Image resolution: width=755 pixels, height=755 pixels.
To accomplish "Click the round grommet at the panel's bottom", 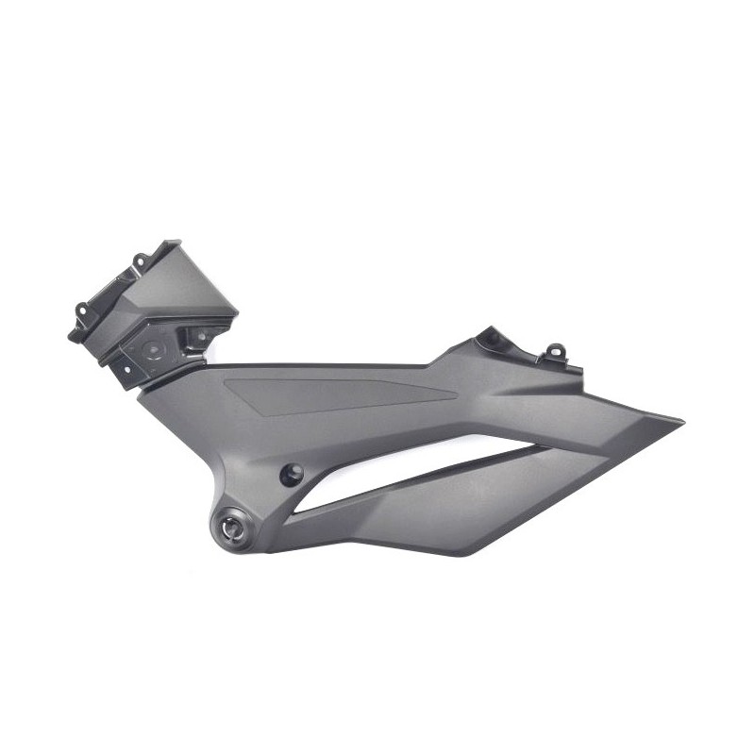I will [234, 530].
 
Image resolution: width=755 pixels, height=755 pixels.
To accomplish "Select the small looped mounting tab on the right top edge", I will [556, 352].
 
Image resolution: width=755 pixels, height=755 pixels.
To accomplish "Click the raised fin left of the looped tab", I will [491, 337].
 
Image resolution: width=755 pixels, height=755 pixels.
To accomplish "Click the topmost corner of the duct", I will [176, 242].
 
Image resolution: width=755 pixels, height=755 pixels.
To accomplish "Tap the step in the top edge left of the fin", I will [432, 364].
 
